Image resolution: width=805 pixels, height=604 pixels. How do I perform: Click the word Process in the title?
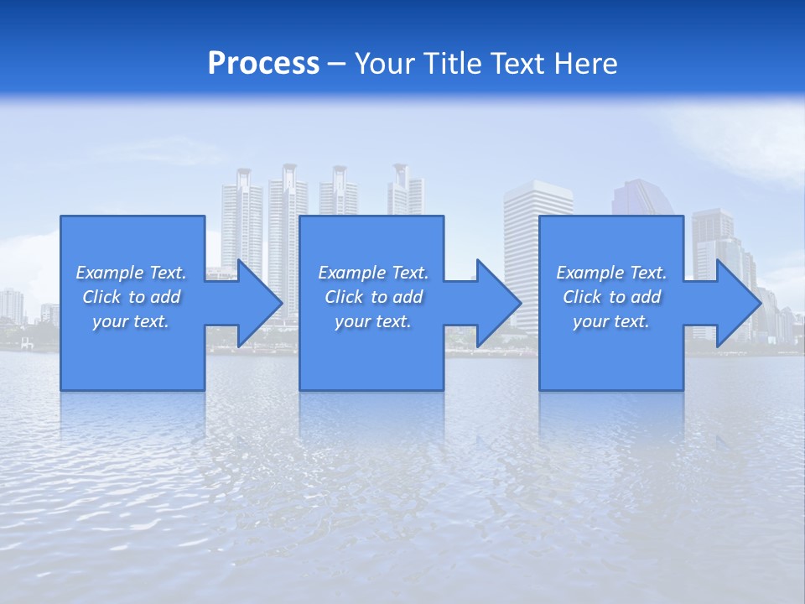tap(263, 64)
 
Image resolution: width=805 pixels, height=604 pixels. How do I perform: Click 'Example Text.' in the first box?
tap(131, 273)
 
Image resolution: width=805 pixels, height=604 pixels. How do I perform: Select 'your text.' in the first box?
tap(131, 321)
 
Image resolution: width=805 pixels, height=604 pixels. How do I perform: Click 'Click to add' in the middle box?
tap(373, 297)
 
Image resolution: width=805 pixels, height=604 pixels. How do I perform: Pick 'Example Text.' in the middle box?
tap(373, 273)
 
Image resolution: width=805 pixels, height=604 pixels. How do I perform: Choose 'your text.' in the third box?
tap(611, 321)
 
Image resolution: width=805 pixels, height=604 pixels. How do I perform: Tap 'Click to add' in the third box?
tap(611, 297)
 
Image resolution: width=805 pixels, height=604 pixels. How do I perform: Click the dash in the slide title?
tap(337, 64)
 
